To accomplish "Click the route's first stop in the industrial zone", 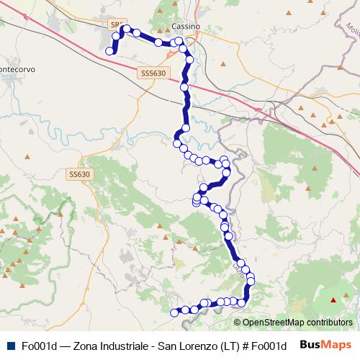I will (110, 51).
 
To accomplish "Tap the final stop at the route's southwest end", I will (173, 312).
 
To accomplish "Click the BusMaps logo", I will (325, 345).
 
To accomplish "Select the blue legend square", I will (9, 346).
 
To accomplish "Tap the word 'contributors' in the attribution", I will (329, 323).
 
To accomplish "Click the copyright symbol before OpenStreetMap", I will (238, 323).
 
